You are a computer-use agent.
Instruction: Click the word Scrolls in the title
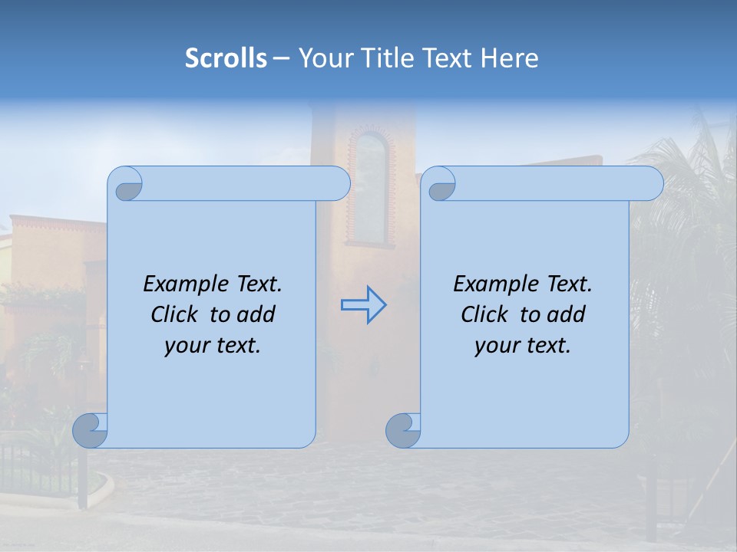(226, 58)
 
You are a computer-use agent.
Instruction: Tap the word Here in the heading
(510, 58)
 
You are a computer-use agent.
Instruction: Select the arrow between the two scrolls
(363, 305)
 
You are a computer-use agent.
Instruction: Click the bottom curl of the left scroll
(91, 430)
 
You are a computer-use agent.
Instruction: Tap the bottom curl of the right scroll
(403, 430)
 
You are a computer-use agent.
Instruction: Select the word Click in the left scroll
(177, 314)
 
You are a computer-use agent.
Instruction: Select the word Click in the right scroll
(487, 314)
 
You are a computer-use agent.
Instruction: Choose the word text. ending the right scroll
(550, 345)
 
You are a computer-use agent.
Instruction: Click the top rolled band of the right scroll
(553, 183)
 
